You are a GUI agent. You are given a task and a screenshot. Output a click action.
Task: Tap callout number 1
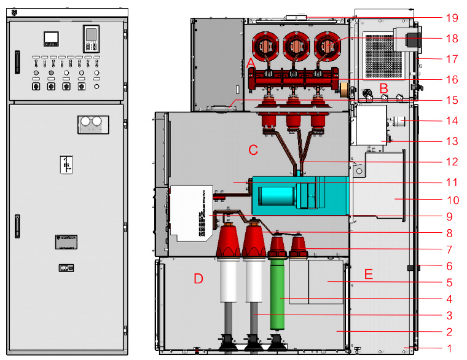[x=449, y=348]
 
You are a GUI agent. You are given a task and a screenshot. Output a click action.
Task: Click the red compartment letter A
[x=251, y=64]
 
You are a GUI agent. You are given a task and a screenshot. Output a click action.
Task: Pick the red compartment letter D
[x=198, y=279]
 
